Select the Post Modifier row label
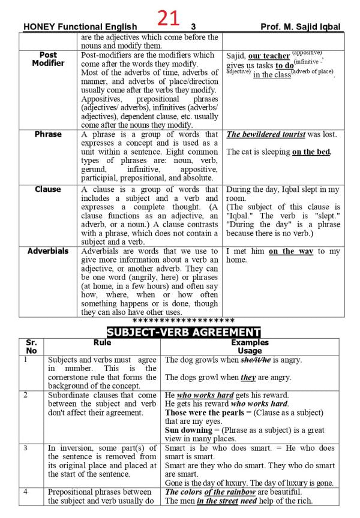coord(49,59)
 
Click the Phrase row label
coord(49,134)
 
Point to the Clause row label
coord(49,189)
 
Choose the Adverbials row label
coord(49,251)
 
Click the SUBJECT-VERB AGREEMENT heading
coord(183,332)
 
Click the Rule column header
coord(103,343)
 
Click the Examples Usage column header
coord(250,347)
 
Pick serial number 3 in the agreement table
coord(26,448)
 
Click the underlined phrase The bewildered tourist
coord(265,135)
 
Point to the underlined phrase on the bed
coord(311,152)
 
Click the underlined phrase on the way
coord(291,252)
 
